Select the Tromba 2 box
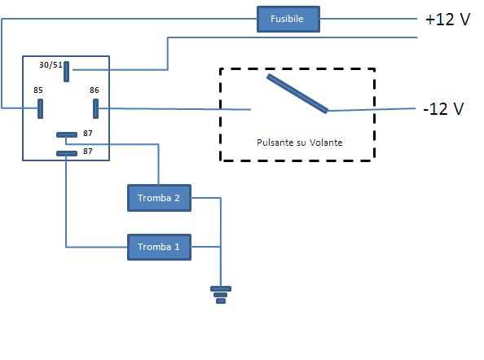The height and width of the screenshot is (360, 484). tap(159, 197)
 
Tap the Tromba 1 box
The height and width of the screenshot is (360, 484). tap(159, 246)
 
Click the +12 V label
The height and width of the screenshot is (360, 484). tap(447, 20)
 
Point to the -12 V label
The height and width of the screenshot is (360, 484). tap(443, 109)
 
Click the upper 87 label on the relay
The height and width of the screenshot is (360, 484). tap(88, 132)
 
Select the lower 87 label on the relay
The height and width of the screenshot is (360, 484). tap(88, 151)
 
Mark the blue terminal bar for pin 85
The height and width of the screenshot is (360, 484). tap(40, 108)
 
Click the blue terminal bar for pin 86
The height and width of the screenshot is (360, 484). tap(95, 108)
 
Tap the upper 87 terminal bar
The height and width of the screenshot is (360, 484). tap(66, 134)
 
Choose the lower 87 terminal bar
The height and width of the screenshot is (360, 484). tap(66, 153)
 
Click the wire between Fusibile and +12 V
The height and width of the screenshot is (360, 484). tap(367, 19)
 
